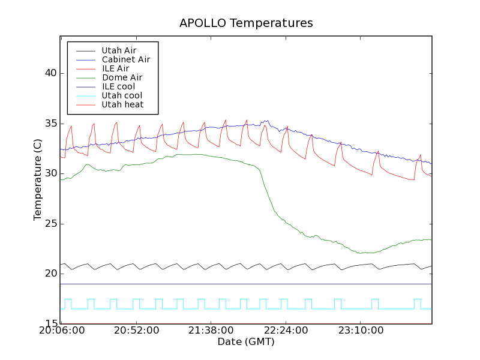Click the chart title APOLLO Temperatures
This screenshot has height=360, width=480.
[246, 23]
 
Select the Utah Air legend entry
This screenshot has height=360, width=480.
[119, 50]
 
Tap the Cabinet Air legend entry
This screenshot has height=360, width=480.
[125, 59]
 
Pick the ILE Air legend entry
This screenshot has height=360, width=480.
[115, 68]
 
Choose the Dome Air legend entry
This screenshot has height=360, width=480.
[122, 77]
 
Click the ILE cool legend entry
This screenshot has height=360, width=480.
[118, 86]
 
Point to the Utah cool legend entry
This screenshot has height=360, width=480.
[122, 95]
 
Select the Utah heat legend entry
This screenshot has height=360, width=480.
[122, 104]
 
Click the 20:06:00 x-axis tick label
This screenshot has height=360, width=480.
[62, 331]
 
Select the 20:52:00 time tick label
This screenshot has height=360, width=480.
[136, 331]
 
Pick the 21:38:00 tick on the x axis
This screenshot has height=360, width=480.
[211, 331]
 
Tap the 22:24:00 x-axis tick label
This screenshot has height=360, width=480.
[285, 331]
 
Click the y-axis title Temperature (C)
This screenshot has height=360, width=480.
[38, 180]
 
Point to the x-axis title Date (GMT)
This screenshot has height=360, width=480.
[246, 342]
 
